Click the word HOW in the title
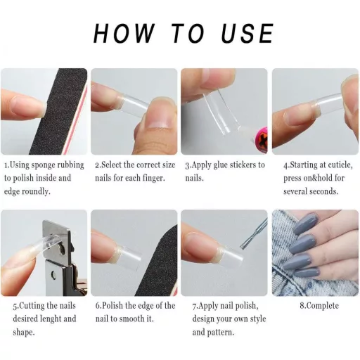point(124,33)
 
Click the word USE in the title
point(247,33)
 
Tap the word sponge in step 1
point(44,165)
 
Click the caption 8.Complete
point(319,306)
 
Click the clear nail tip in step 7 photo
point(230,255)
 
